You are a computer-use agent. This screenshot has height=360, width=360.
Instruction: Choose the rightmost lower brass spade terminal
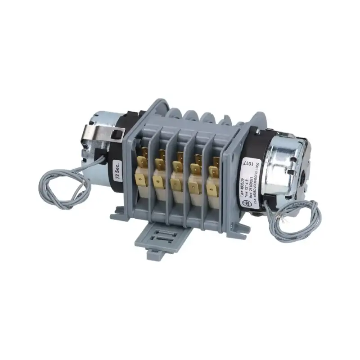coord(211,186)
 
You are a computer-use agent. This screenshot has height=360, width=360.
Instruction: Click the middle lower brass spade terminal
coord(176,183)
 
